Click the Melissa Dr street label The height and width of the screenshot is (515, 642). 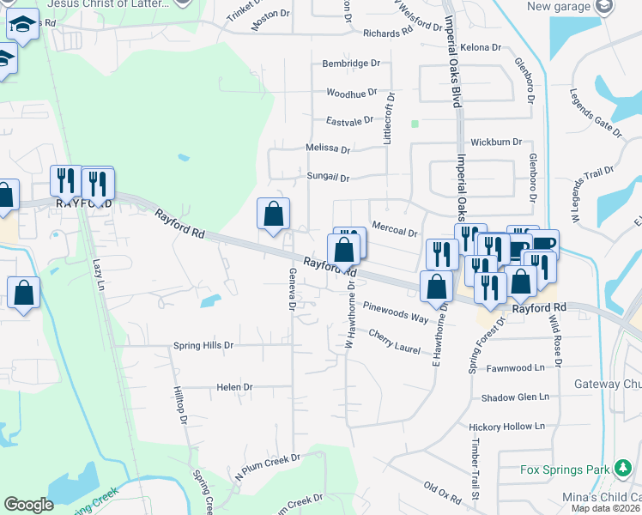click(328, 148)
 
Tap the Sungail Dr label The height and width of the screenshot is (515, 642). click(328, 178)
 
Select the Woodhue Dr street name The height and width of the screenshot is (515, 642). click(352, 93)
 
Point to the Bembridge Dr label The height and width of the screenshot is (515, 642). click(350, 64)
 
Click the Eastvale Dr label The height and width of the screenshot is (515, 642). click(350, 121)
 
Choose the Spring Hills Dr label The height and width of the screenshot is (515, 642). click(203, 346)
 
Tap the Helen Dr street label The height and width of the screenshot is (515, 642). click(234, 387)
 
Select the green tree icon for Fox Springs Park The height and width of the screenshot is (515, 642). click(622, 469)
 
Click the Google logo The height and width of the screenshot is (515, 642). click(28, 505)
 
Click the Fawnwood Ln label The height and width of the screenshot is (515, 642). click(516, 368)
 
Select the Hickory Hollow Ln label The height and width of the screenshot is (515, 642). click(506, 427)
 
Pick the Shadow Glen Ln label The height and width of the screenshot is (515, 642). click(514, 397)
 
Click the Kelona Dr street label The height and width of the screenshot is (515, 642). click(480, 46)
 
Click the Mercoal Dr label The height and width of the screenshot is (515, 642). click(395, 228)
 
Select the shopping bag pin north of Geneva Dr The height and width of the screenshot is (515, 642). click(273, 215)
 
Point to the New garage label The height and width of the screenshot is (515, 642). click(560, 7)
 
